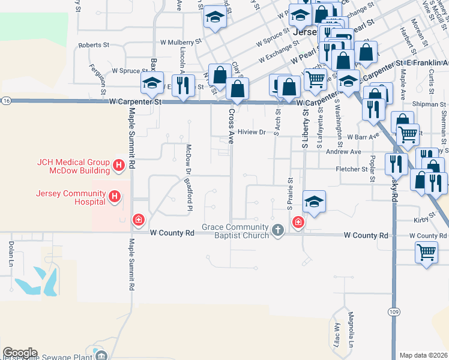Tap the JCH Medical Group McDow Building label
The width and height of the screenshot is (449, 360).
pyautogui.click(x=73, y=166)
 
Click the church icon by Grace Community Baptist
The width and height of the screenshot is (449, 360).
pyautogui.click(x=277, y=229)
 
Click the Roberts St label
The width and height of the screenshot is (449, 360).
pyautogui.click(x=94, y=45)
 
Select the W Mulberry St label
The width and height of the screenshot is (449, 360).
pyautogui.click(x=181, y=43)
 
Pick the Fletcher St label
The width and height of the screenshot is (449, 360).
pyautogui.click(x=351, y=170)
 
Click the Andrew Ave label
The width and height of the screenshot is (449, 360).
pyautogui.click(x=343, y=152)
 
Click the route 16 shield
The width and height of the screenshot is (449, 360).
pyautogui.click(x=5, y=101)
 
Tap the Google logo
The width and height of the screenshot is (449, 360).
pyautogui.click(x=20, y=353)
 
